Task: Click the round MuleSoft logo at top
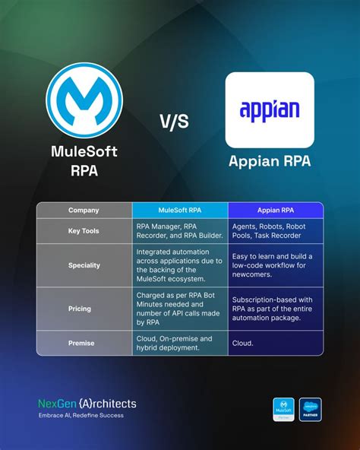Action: point(84,101)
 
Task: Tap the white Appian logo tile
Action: point(270,109)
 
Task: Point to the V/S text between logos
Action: point(174,122)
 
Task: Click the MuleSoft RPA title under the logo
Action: point(84,160)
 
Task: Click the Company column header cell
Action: point(84,210)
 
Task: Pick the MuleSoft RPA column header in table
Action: point(180,210)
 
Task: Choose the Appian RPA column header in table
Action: point(276,210)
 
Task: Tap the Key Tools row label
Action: point(84,230)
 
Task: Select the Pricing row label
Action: point(84,309)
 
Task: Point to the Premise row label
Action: point(84,343)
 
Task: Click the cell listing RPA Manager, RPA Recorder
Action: point(180,230)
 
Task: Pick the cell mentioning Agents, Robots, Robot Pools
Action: point(276,230)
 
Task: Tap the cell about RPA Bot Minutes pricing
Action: point(180,309)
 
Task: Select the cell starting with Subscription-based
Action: point(276,309)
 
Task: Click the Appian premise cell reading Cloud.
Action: point(276,343)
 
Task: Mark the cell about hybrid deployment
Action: point(180,343)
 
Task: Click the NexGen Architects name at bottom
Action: point(87,404)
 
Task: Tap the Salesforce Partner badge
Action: point(311,409)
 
